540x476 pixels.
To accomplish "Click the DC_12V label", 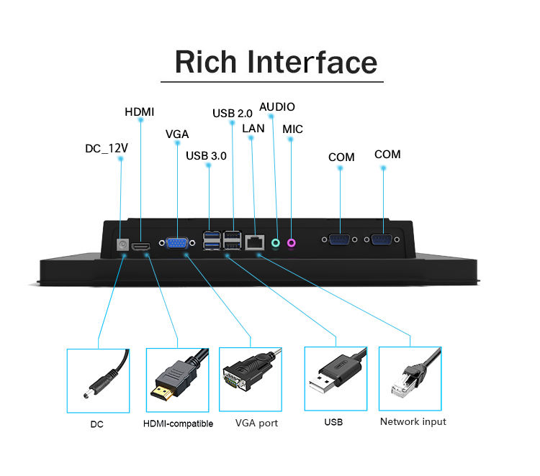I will tap(107, 148).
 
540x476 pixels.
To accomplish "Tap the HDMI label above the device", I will tap(140, 111).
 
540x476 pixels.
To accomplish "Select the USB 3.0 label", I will tap(206, 155).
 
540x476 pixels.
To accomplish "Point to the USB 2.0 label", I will tap(232, 113).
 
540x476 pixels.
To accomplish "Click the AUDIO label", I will tap(277, 106).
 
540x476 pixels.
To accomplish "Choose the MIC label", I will tap(292, 129).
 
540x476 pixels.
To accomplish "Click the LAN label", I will tap(253, 128).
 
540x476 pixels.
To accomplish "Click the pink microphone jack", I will tap(292, 243).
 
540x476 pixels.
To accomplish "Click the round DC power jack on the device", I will tap(122, 244).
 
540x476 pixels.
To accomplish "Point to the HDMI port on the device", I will tap(143, 246).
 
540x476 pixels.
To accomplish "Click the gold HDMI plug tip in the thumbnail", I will tap(161, 393).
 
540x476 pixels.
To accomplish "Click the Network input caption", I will tap(413, 421).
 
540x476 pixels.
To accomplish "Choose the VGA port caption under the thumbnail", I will tap(256, 423).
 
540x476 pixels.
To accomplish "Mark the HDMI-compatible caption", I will tap(179, 424).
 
